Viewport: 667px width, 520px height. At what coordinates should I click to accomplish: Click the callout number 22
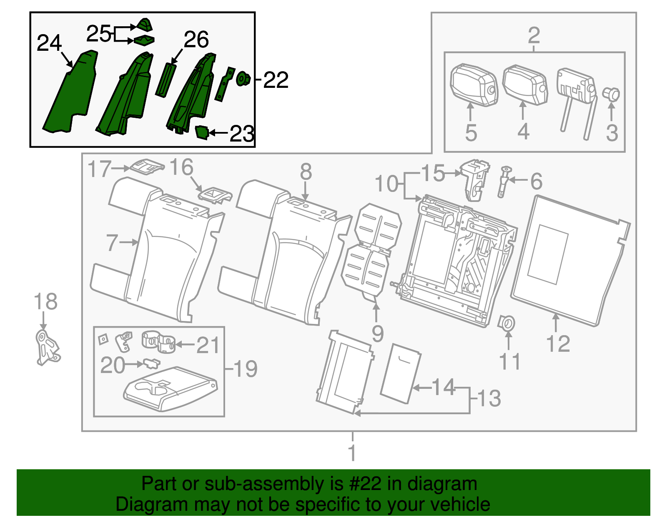coord(276,80)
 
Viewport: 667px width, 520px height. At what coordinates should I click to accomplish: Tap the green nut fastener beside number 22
coord(243,79)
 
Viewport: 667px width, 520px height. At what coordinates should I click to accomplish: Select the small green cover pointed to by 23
coord(202,132)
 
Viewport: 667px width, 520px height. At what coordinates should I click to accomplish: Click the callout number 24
coord(49,43)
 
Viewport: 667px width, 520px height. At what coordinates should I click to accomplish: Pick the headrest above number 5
coord(474,85)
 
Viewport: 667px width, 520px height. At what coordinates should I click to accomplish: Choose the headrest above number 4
coord(525,85)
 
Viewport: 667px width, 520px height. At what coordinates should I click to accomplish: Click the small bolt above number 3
coord(611,94)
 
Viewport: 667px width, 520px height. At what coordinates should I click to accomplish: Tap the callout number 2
coord(534,36)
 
